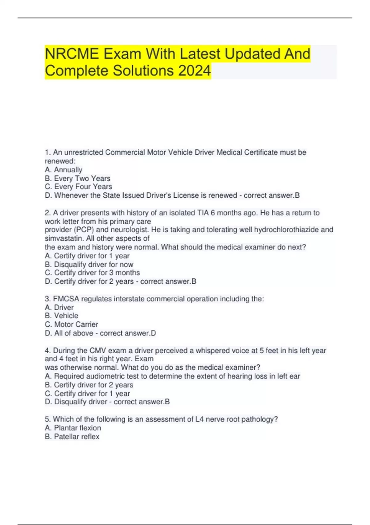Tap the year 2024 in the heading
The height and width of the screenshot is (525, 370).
click(x=194, y=71)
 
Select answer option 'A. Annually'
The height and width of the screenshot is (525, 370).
click(x=64, y=170)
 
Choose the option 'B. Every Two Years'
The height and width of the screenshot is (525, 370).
click(x=77, y=178)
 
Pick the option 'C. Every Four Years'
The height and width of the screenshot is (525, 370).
click(x=78, y=187)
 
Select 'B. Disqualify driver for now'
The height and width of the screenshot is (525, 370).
click(x=89, y=265)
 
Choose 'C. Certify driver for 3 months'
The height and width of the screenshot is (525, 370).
click(x=92, y=273)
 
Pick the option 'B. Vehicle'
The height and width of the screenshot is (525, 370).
click(x=61, y=316)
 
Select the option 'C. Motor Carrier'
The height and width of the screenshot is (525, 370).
click(x=72, y=325)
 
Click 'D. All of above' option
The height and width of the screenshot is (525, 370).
click(x=69, y=333)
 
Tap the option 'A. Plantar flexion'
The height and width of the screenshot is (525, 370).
click(x=73, y=428)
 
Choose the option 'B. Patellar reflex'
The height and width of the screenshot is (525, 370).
click(x=72, y=437)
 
